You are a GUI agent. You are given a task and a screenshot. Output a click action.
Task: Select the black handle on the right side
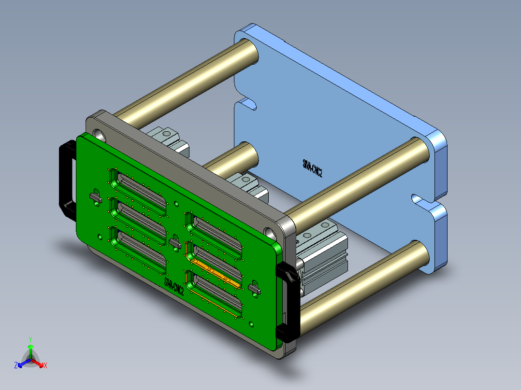[x=289, y=302]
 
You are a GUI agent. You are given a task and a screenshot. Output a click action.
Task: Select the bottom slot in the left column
[x=138, y=249]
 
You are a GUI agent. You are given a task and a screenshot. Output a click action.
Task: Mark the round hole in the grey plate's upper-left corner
[x=99, y=133]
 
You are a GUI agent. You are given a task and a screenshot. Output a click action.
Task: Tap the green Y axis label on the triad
[x=30, y=339]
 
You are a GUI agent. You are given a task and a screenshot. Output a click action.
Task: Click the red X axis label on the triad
[x=45, y=366]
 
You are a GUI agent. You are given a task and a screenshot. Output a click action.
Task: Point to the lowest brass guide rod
[x=362, y=285]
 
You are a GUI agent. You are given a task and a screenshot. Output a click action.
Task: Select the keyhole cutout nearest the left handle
[x=95, y=196]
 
